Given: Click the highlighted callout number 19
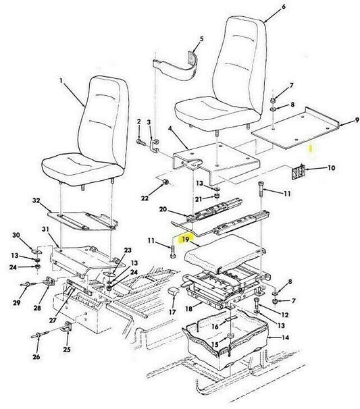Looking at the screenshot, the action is [x=186, y=239].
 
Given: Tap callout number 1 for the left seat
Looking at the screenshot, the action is [x=61, y=81].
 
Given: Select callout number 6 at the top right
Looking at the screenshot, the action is [x=284, y=7].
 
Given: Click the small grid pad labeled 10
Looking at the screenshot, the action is [x=299, y=171].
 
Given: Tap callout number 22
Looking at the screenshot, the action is [x=145, y=198].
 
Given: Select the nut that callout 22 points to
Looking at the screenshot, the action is [x=165, y=182].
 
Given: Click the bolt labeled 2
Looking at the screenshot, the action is [x=140, y=142].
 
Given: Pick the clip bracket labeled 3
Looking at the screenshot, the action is [x=154, y=146].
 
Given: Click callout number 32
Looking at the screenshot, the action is [x=36, y=200].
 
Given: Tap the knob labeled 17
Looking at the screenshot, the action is [x=174, y=291].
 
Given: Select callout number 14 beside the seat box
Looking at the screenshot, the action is [x=286, y=337].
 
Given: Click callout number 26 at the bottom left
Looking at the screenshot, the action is [x=36, y=356].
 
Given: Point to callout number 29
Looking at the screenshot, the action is [x=17, y=303].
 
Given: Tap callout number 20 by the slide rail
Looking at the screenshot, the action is [x=163, y=209].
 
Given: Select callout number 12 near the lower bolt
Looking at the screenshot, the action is [x=285, y=315].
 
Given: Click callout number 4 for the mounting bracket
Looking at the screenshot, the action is [x=170, y=129].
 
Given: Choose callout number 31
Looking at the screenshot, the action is [x=45, y=229].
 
